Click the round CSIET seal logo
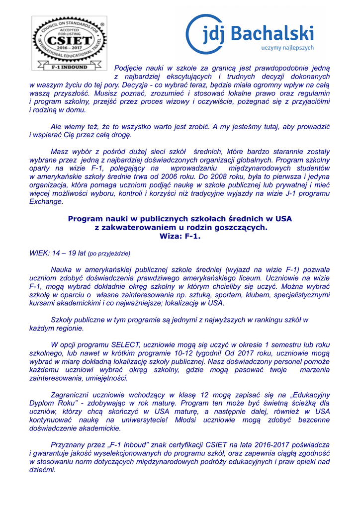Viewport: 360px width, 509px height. (x=69, y=39)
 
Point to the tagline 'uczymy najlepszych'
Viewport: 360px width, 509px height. (x=287, y=48)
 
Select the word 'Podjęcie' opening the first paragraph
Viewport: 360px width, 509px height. (x=128, y=68)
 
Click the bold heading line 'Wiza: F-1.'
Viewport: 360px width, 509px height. (x=180, y=236)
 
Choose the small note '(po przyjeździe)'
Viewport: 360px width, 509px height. (x=109, y=254)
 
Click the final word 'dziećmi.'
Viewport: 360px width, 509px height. (x=43, y=470)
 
